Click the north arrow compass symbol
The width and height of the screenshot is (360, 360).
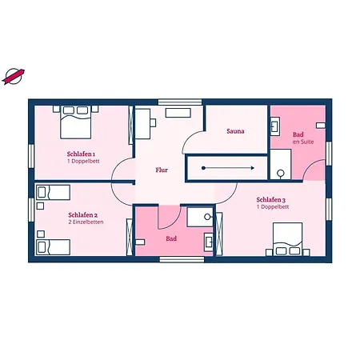point(13,77)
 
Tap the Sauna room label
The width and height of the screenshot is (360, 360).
point(235,131)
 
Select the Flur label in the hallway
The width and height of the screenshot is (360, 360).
point(162,170)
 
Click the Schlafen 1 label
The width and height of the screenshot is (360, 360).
point(81,154)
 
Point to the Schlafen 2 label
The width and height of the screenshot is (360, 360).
point(82,215)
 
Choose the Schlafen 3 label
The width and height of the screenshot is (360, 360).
point(271,200)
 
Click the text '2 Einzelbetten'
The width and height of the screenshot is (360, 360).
point(86,222)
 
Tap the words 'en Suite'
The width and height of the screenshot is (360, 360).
point(303,142)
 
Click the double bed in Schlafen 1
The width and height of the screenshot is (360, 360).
point(76,122)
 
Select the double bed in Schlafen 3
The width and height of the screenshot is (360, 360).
point(287,239)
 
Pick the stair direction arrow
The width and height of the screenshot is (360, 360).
point(228,168)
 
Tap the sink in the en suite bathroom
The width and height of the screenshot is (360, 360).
point(275,126)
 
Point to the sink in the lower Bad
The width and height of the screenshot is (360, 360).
point(209,242)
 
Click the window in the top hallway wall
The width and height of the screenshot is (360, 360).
point(180,102)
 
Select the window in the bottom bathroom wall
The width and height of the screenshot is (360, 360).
point(182,259)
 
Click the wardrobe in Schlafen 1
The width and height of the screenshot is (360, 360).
point(130,126)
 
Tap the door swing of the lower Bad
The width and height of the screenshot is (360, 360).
point(170,218)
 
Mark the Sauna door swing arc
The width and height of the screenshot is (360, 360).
point(194,142)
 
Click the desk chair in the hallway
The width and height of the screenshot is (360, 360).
point(153,122)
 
